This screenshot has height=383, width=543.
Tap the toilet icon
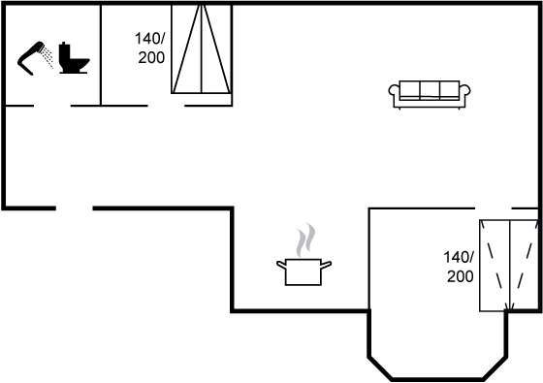pyautogui.click(x=74, y=58)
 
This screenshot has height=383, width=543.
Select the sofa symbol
pyautogui.click(x=430, y=95)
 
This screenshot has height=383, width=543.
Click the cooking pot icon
pyautogui.click(x=303, y=271)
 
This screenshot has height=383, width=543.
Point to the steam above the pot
pyautogui.click(x=305, y=239)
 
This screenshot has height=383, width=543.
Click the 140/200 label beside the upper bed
pyautogui.click(x=149, y=48)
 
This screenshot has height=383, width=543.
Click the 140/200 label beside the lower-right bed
pyautogui.click(x=459, y=267)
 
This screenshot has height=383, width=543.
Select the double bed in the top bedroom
pyautogui.click(x=202, y=48)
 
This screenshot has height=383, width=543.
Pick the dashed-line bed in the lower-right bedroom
pyautogui.click(x=509, y=266)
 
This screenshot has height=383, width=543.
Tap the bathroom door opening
pyautogui.click(x=52, y=106)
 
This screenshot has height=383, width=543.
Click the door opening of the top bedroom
pyautogui.click(x=166, y=106)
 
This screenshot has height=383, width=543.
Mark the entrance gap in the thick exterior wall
pyautogui.click(x=74, y=208)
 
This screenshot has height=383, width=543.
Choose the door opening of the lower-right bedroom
pyautogui.click(x=494, y=208)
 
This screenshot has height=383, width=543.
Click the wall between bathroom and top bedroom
pyautogui.click(x=101, y=54)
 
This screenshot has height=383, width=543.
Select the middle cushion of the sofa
pyautogui.click(x=430, y=90)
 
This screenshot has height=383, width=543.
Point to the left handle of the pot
pyautogui.click(x=281, y=265)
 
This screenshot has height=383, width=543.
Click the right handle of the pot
pyautogui.click(x=326, y=265)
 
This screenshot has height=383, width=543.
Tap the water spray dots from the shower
pyautogui.click(x=48, y=57)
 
